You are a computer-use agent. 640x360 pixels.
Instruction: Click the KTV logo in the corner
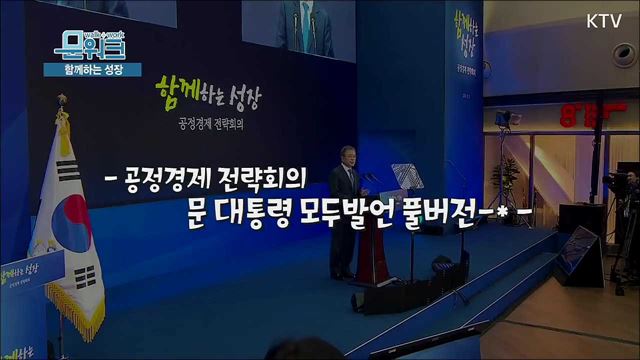pos(603,19)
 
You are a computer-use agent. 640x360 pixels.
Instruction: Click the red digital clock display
pos(586,111)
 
